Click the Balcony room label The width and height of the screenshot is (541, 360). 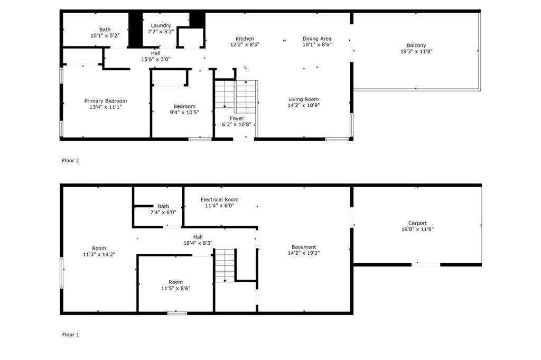click(416, 45)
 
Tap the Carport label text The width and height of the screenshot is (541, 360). click(417, 223)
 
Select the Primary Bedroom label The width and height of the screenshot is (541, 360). click(106, 101)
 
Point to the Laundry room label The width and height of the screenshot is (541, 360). click(161, 25)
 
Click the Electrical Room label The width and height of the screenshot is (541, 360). click(219, 199)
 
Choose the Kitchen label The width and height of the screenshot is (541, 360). click(245, 39)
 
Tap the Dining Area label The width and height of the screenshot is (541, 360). click(317, 39)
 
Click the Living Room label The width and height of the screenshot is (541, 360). click(303, 99)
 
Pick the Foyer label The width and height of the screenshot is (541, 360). click(236, 118)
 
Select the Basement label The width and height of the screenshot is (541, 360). click(304, 247)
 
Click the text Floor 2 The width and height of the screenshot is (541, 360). click(70, 160)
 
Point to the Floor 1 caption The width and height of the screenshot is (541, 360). click(70, 335)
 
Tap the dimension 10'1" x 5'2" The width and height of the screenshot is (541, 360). click(105, 35)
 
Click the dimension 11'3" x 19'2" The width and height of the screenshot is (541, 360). click(99, 254)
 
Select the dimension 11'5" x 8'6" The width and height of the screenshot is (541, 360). click(175, 288)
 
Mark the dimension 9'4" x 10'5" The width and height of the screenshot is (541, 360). click(184, 112)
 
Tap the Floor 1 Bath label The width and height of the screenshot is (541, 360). click(163, 206)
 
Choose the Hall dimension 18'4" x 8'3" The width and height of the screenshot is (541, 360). click(198, 243)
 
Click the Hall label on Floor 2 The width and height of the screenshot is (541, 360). click(155, 53)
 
